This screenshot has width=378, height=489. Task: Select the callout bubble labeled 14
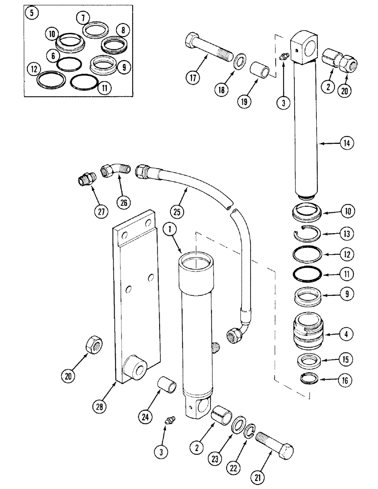[347, 143]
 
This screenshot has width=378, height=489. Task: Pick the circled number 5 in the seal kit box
[32, 14]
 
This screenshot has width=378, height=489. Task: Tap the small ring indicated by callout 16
[309, 379]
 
